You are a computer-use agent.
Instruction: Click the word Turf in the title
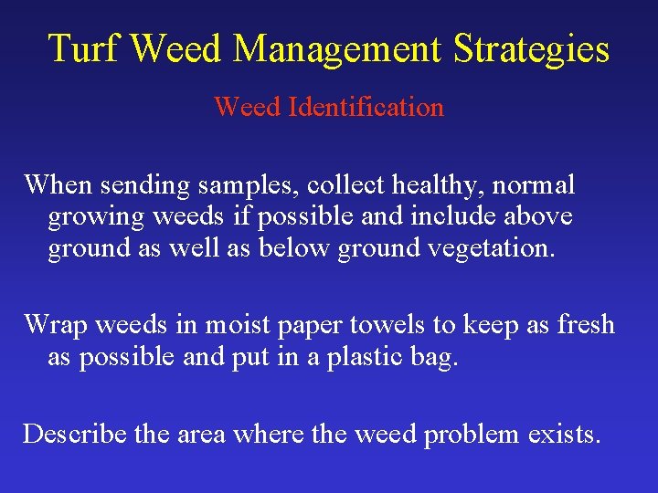click(x=84, y=48)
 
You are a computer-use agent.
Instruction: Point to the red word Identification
click(x=366, y=107)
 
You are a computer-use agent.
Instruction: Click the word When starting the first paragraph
click(x=58, y=185)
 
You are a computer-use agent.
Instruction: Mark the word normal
click(x=535, y=185)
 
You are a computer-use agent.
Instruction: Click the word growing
click(x=90, y=217)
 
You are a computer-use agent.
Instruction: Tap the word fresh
click(x=584, y=324)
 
